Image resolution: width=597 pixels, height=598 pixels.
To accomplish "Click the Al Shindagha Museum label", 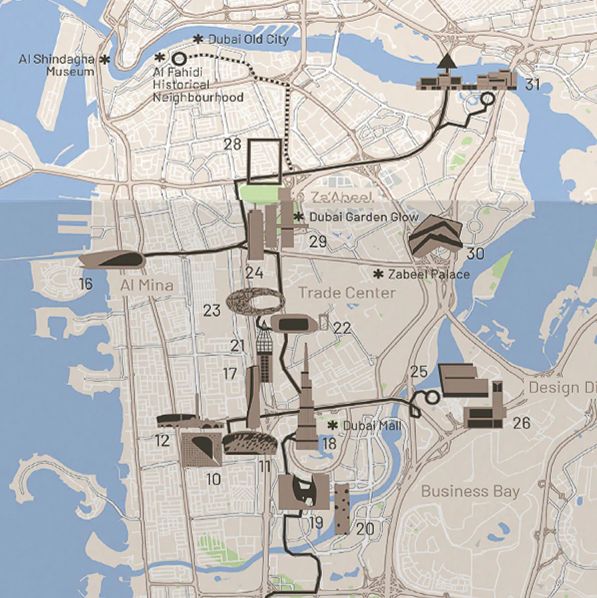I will pyautogui.click(x=57, y=65).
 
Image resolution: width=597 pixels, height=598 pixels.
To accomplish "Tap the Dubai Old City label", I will pyautogui.click(x=248, y=39).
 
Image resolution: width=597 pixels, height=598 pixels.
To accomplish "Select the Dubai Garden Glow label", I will pyautogui.click(x=363, y=217).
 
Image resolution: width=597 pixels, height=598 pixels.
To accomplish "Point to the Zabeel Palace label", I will pyautogui.click(x=429, y=274).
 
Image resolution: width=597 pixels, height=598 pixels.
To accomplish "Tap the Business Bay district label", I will pyautogui.click(x=470, y=491).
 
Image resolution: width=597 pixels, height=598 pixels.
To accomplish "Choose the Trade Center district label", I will pyautogui.click(x=347, y=293).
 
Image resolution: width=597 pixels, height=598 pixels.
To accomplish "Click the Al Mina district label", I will pyautogui.click(x=147, y=285).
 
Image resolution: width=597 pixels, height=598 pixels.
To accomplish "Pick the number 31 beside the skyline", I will pyautogui.click(x=532, y=85).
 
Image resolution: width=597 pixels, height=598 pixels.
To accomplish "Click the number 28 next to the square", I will pyautogui.click(x=232, y=144).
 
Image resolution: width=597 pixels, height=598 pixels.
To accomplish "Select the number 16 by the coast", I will pyautogui.click(x=85, y=284).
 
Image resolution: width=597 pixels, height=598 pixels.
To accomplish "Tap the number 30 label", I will pyautogui.click(x=475, y=254).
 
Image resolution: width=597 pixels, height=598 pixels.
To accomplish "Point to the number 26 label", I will pyautogui.click(x=522, y=423).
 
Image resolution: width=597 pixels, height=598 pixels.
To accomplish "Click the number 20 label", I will pyautogui.click(x=365, y=529).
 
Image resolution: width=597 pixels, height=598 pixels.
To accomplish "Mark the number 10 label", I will pyautogui.click(x=213, y=479).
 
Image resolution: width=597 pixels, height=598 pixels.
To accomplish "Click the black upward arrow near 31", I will pyautogui.click(x=447, y=61).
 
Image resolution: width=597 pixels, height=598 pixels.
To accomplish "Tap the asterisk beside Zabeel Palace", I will pyautogui.click(x=378, y=274).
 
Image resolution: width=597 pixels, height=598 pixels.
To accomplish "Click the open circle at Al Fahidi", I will pyautogui.click(x=179, y=58).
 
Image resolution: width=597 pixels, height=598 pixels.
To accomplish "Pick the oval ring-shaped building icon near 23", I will pyautogui.click(x=254, y=302).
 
